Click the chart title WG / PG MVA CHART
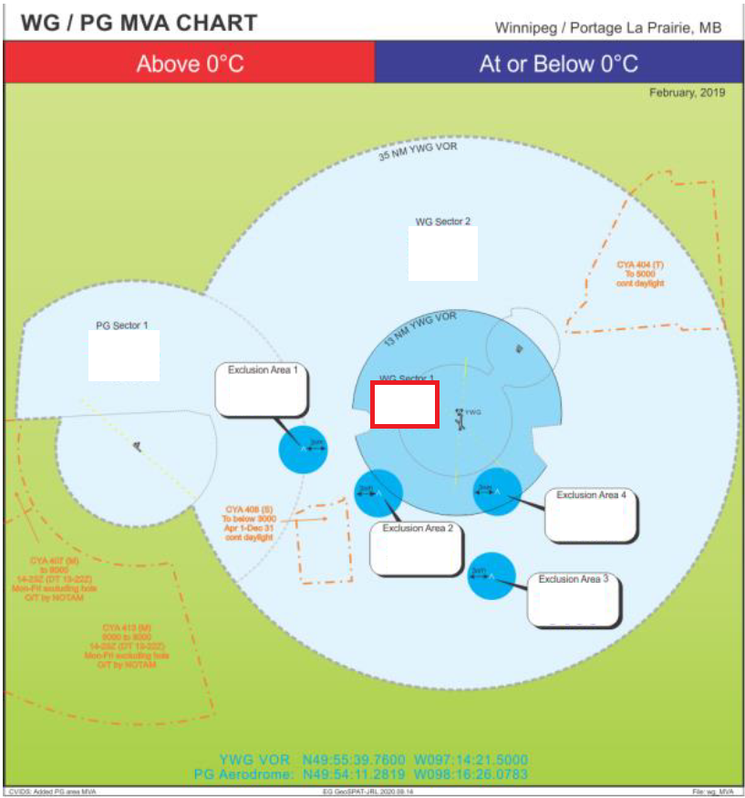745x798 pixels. pyautogui.click(x=139, y=23)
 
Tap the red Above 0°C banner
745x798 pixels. pyautogui.click(x=190, y=64)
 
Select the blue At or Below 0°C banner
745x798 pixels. pyautogui.click(x=558, y=64)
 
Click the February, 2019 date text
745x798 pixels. pyautogui.click(x=687, y=93)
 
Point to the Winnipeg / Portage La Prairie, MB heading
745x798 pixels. pyautogui.click(x=608, y=27)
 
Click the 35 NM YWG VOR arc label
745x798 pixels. pyautogui.click(x=417, y=150)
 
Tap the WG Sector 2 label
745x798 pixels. pyautogui.click(x=443, y=222)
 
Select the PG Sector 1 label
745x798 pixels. pyautogui.click(x=122, y=325)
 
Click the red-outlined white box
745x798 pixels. pyautogui.click(x=405, y=404)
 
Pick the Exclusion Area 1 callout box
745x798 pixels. pyautogui.click(x=262, y=389)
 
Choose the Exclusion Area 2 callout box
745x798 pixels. pyautogui.click(x=417, y=548)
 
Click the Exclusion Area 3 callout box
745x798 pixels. pyautogui.click(x=574, y=599)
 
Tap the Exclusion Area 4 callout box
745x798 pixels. pyautogui.click(x=590, y=514)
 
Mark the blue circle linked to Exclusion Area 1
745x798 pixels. pyautogui.click(x=303, y=449)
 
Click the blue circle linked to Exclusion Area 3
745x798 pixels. pyautogui.click(x=491, y=575)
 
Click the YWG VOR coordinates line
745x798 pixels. pyautogui.click(x=373, y=759)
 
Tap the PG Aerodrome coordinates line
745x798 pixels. pyautogui.click(x=361, y=774)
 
